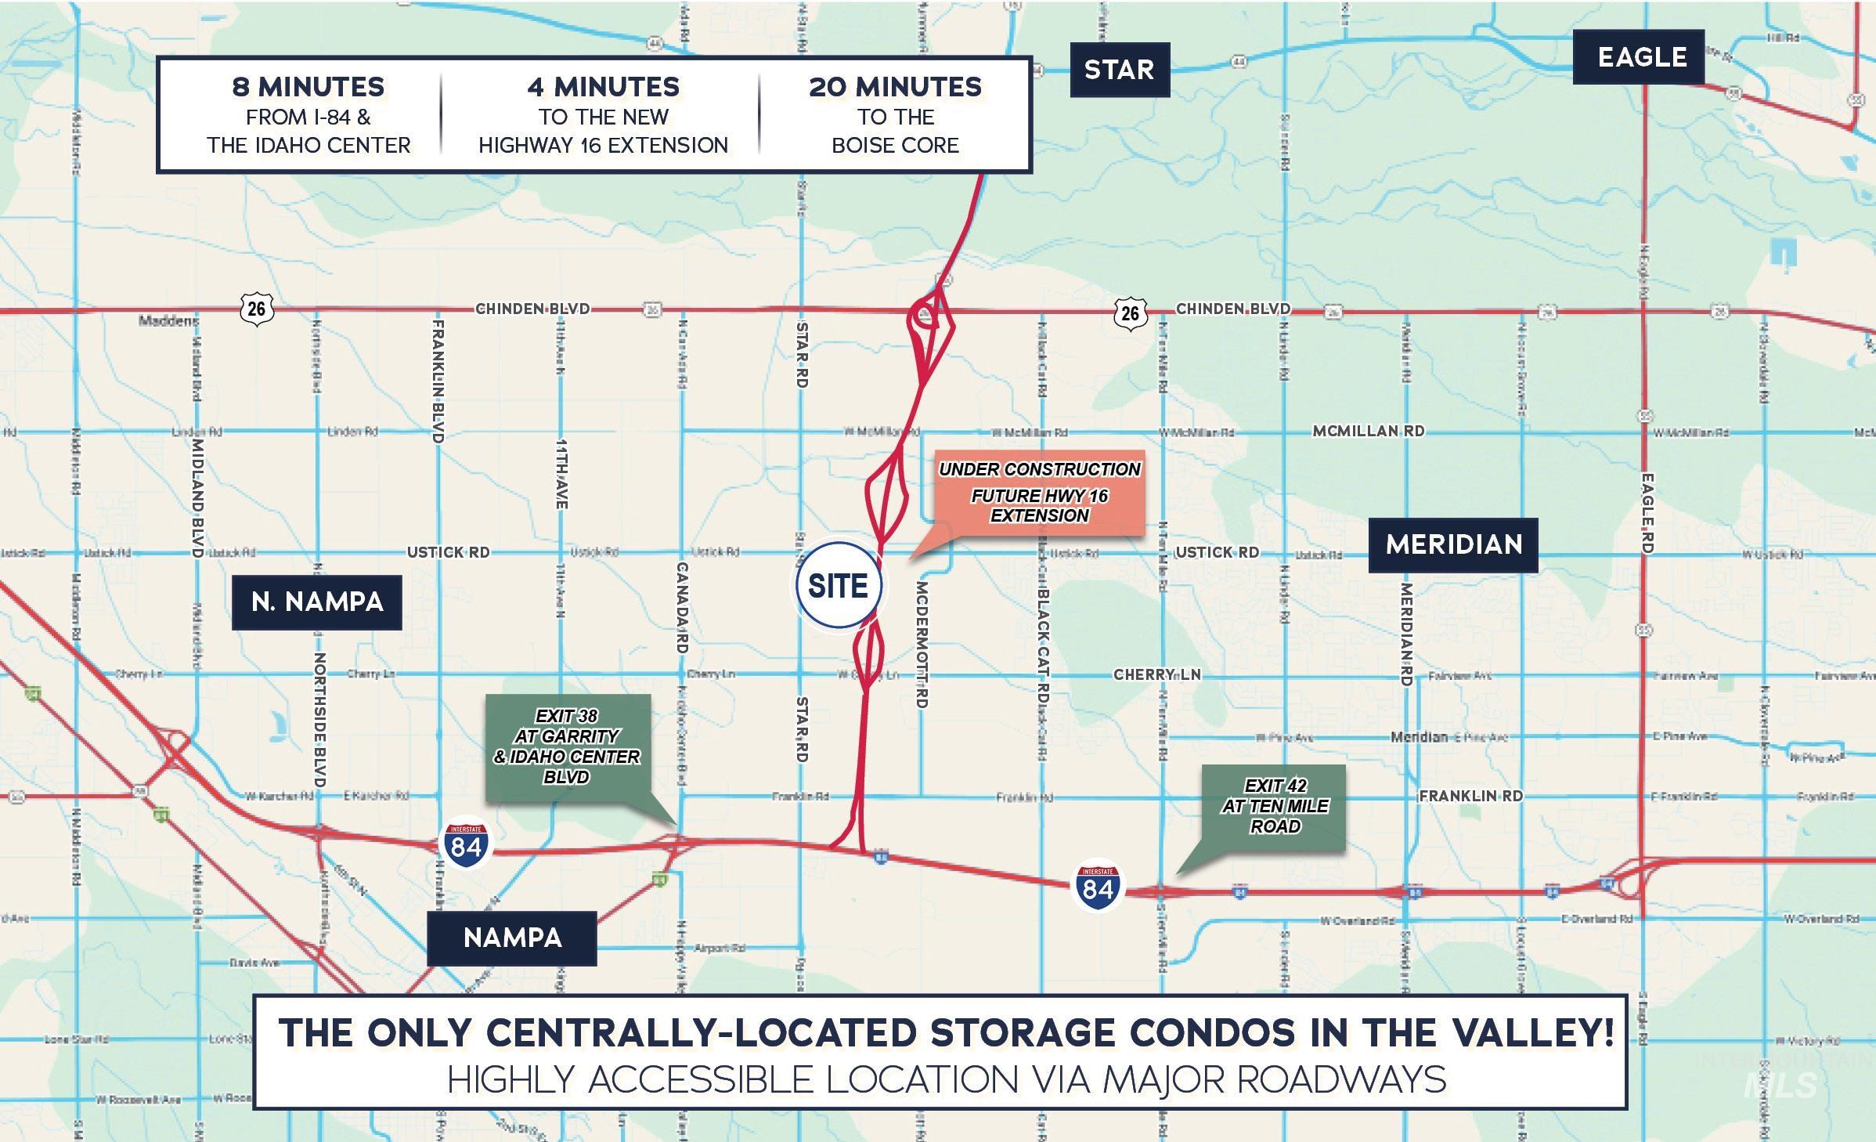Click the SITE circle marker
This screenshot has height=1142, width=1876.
point(838,585)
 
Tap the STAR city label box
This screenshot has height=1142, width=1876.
point(1119,70)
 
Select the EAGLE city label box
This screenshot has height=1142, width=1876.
point(1641,57)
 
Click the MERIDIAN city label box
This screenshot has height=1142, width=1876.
point(1453,544)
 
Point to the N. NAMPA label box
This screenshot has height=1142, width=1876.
point(317,602)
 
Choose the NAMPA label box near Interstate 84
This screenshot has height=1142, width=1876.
point(512,938)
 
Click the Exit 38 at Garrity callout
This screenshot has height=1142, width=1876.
point(567,746)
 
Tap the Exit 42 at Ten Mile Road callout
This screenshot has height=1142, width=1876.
point(1275,806)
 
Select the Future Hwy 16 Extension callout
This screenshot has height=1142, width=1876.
point(1039,493)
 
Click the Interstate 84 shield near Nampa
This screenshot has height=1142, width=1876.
point(466,846)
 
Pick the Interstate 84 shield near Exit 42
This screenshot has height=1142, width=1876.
point(1097,888)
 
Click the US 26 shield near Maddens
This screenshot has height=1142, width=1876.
point(256,309)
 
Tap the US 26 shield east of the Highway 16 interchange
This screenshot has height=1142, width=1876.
point(1129,313)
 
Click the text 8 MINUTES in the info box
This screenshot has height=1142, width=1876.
point(308,87)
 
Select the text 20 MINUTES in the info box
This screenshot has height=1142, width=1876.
point(895,87)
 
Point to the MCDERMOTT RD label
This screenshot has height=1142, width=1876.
point(922,644)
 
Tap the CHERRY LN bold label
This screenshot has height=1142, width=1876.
point(1156,674)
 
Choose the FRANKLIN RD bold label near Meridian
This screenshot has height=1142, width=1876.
point(1470,796)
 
